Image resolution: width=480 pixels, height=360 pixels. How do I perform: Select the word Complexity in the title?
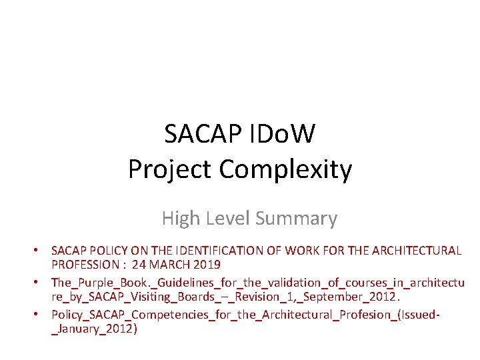pyautogui.click(x=285, y=169)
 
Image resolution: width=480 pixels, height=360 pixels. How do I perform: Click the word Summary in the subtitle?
pyautogui.click(x=296, y=218)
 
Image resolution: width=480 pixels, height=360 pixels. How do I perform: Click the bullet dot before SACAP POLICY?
pyautogui.click(x=40, y=251)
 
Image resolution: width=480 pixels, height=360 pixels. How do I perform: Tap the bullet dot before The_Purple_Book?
pyautogui.click(x=40, y=282)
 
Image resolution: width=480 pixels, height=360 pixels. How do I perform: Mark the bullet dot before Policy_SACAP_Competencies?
pyautogui.click(x=40, y=314)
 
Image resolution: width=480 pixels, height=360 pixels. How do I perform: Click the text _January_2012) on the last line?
pyautogui.click(x=93, y=328)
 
